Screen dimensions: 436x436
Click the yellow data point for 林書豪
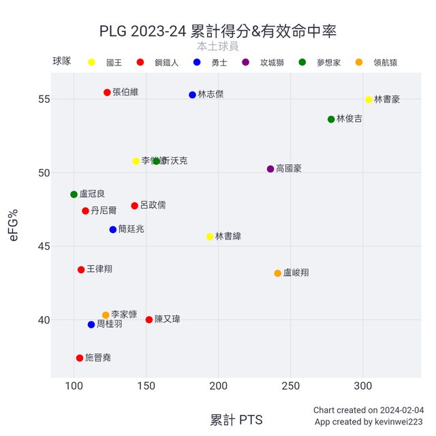(x=369, y=99)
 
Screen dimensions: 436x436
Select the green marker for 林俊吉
(x=331, y=119)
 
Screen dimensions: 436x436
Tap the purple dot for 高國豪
(x=270, y=169)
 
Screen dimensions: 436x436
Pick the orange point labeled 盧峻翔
(x=278, y=273)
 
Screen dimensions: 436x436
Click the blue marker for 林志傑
(x=192, y=95)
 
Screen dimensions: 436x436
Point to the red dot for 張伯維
(x=107, y=93)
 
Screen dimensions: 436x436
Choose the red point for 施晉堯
(x=80, y=358)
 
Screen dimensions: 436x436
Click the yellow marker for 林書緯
(x=210, y=236)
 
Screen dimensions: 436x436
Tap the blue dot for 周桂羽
(x=91, y=324)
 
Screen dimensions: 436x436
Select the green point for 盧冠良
(x=74, y=194)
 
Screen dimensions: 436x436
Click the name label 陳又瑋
(x=168, y=319)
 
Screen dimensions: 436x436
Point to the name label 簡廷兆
(x=131, y=230)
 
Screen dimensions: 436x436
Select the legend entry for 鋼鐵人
(x=166, y=63)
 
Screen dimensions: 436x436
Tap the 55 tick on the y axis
(x=43, y=99)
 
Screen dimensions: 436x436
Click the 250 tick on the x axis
(x=290, y=386)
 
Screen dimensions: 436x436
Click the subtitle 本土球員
(x=217, y=46)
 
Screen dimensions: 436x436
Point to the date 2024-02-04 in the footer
(x=402, y=410)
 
